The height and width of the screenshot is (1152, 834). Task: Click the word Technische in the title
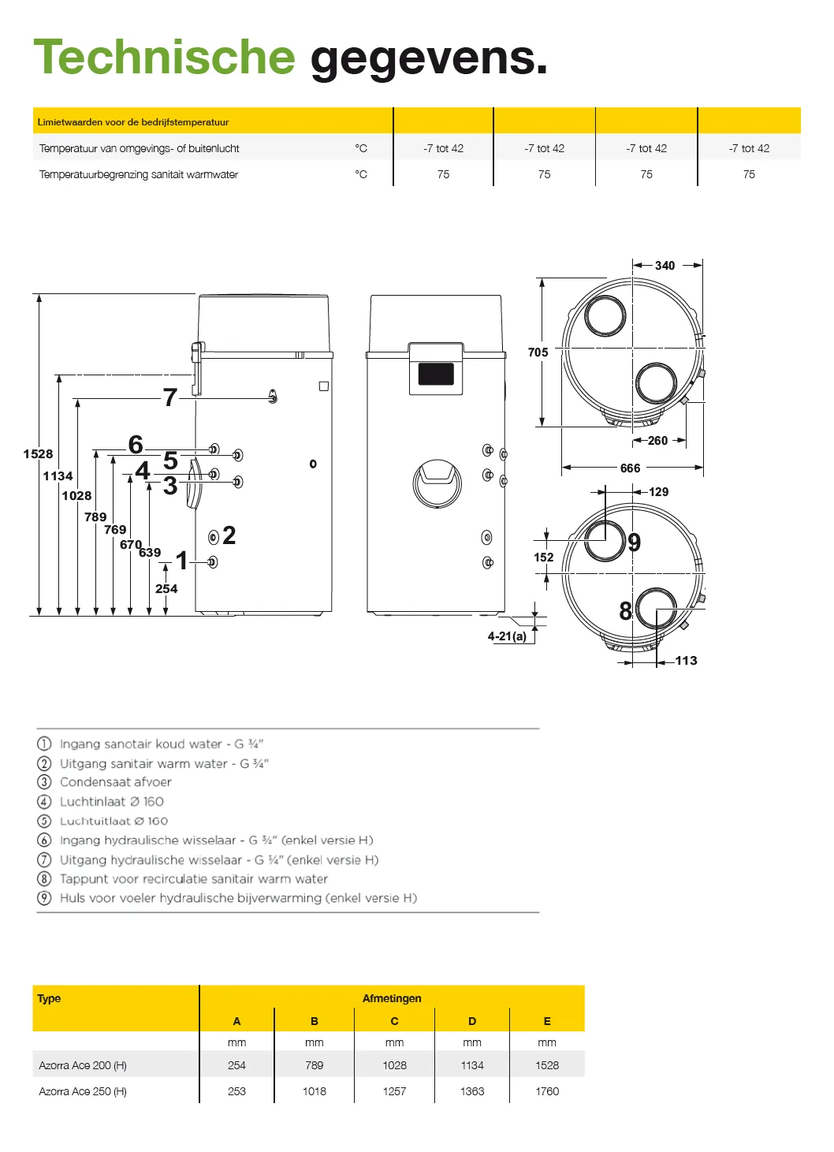click(x=164, y=58)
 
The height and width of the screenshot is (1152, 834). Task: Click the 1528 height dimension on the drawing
click(x=38, y=454)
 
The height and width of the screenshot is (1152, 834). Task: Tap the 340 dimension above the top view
click(x=665, y=266)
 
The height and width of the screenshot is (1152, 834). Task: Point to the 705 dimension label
click(x=538, y=352)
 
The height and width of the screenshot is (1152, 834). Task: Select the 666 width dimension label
click(x=630, y=468)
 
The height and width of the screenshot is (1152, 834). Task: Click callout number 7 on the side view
click(x=169, y=397)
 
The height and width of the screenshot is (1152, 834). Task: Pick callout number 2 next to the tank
click(x=229, y=535)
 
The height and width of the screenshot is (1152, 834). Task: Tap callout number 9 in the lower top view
click(x=635, y=542)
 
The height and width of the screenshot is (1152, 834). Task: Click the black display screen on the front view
click(x=436, y=374)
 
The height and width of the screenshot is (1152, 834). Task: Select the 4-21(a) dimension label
click(x=507, y=636)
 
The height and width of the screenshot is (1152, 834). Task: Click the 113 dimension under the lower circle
click(x=686, y=661)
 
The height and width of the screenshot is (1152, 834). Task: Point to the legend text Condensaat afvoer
click(x=116, y=782)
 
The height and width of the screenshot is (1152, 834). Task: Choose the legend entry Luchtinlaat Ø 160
click(x=112, y=802)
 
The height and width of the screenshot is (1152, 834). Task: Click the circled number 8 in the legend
click(x=44, y=879)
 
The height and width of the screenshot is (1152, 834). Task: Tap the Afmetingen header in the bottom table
click(x=392, y=998)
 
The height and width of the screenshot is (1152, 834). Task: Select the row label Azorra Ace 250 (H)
click(x=83, y=1091)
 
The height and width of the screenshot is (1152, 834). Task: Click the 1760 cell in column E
click(x=547, y=1091)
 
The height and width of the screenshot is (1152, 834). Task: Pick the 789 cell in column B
click(x=315, y=1065)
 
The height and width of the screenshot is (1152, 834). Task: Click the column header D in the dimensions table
click(x=472, y=1021)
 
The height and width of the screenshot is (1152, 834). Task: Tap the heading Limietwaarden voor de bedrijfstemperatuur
click(x=133, y=122)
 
